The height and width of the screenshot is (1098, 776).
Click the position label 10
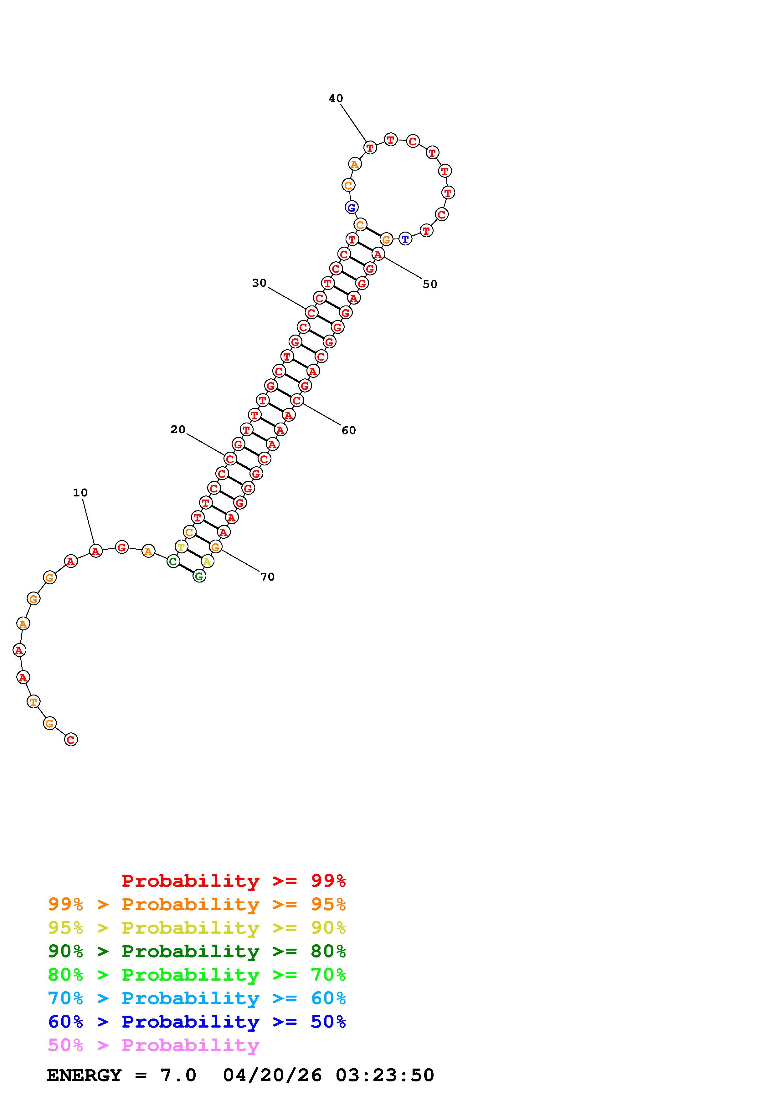(80, 493)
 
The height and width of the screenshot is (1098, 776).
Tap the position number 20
(178, 429)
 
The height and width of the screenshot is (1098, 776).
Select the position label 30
(259, 283)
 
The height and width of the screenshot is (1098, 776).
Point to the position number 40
(336, 99)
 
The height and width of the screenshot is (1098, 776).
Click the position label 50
(430, 284)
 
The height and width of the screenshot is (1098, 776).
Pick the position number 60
(348, 430)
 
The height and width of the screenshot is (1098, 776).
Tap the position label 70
(267, 577)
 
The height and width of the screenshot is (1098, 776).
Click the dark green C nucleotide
(173, 562)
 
